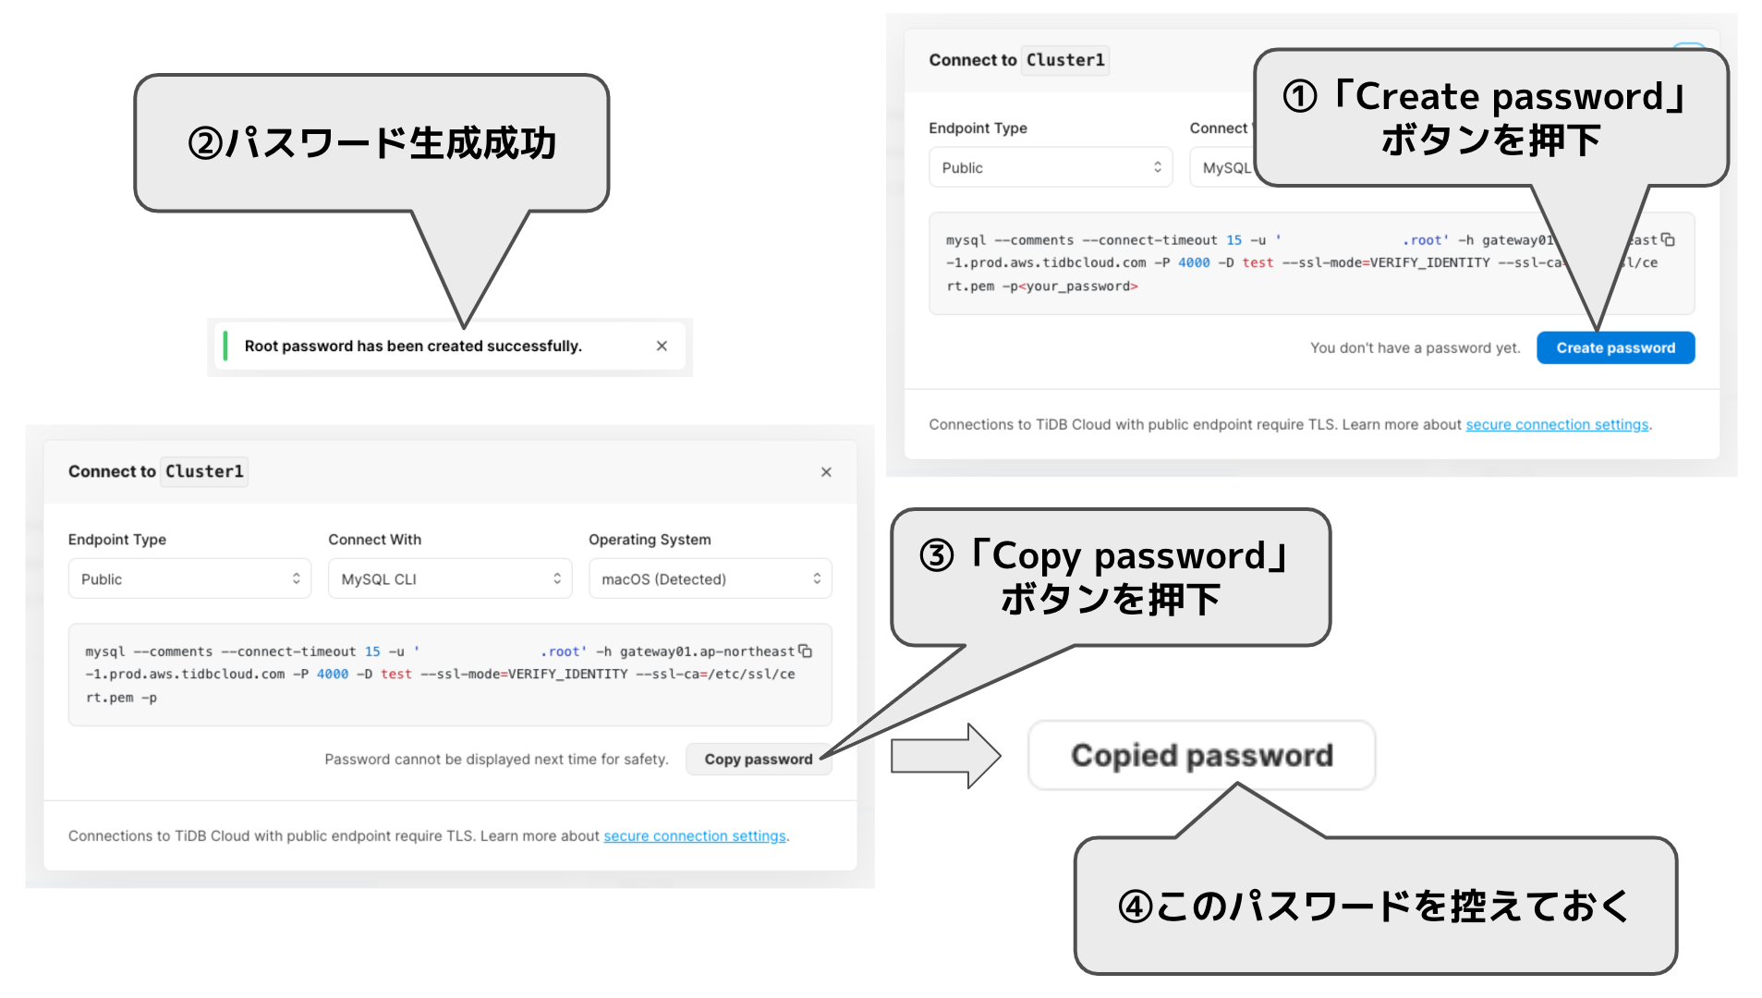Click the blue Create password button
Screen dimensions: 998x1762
click(1614, 347)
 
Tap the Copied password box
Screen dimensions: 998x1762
click(1201, 755)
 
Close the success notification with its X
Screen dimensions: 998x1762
click(662, 346)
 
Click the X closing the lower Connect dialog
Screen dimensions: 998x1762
click(826, 471)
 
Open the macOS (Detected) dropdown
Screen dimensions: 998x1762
click(710, 578)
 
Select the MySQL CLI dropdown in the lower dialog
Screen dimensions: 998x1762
click(450, 578)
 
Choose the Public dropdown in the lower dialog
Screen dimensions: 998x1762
click(189, 578)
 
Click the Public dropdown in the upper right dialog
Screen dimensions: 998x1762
click(1050, 167)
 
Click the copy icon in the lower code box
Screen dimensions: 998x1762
click(806, 651)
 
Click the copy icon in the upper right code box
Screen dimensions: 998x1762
click(1668, 239)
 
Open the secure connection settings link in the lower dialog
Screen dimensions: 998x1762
click(695, 835)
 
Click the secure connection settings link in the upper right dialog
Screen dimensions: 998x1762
click(1557, 424)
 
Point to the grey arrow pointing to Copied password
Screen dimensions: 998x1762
click(944, 755)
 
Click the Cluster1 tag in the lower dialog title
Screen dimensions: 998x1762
click(204, 471)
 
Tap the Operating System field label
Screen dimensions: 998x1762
click(650, 539)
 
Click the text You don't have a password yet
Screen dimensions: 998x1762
click(1415, 347)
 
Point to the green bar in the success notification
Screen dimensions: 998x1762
click(225, 346)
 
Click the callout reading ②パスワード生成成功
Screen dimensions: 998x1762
click(371, 143)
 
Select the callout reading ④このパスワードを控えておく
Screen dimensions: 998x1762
click(1374, 906)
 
